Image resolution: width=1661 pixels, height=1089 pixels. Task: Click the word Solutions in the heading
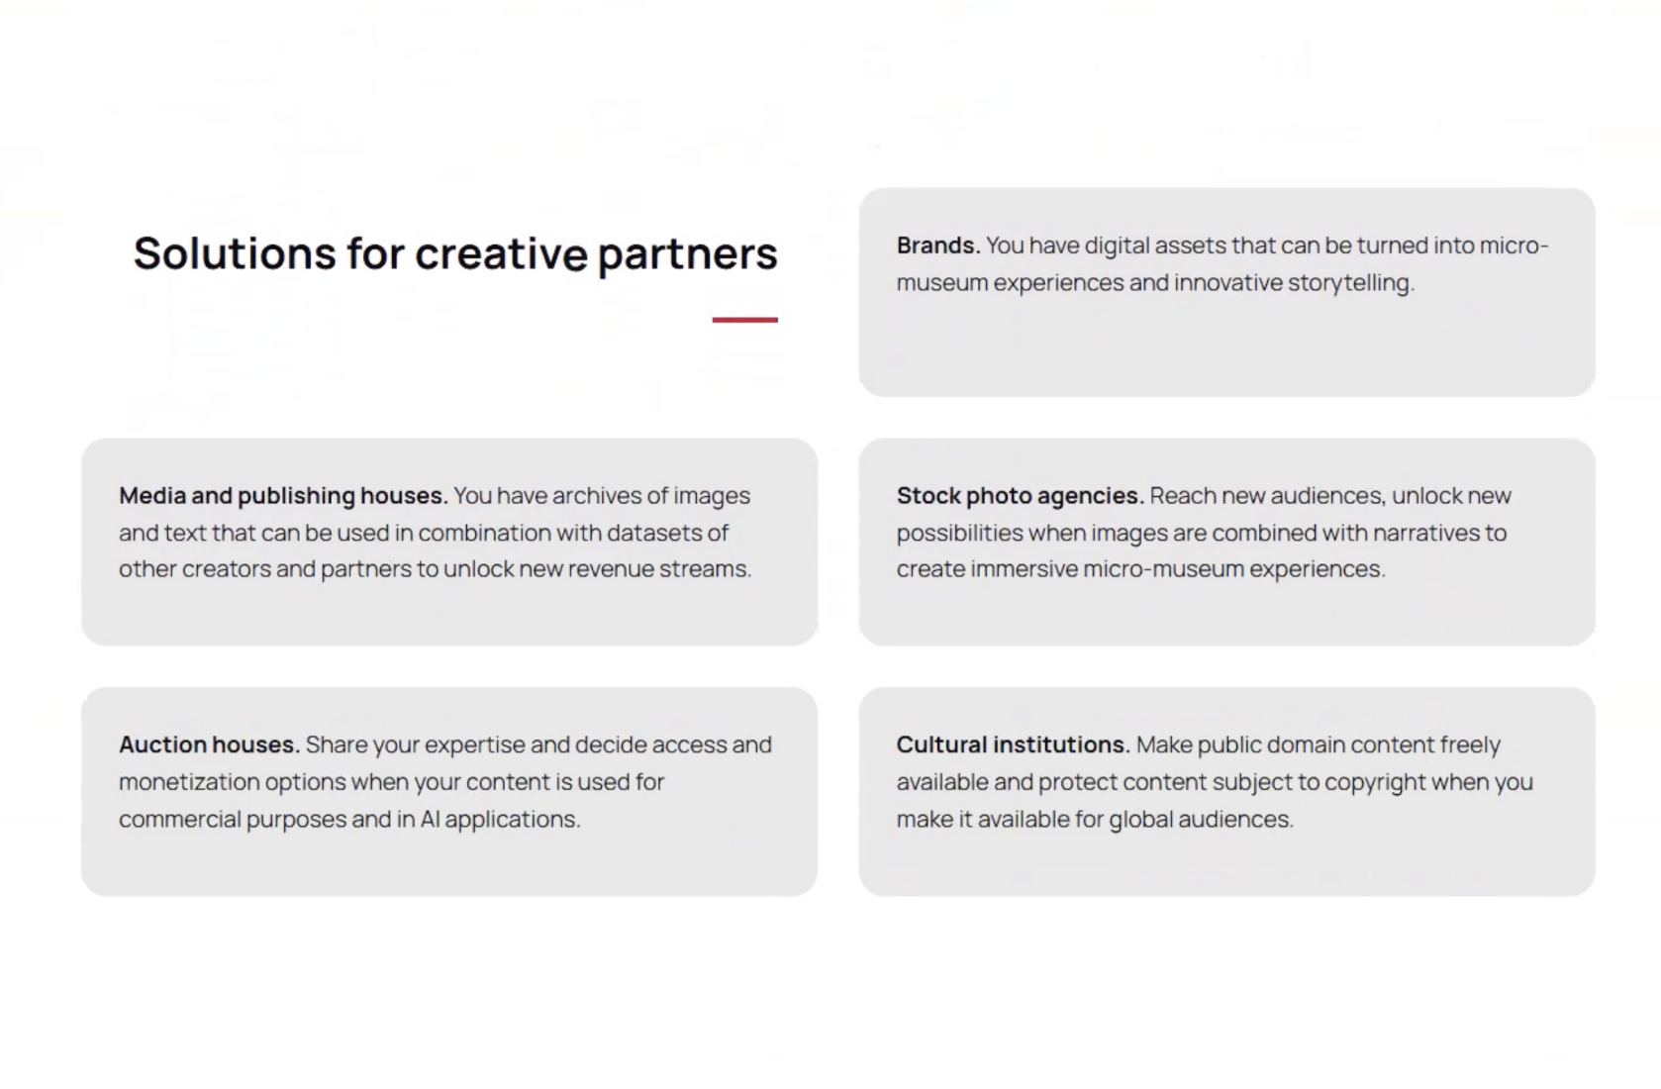[x=235, y=253]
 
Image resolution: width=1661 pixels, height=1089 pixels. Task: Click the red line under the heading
[x=745, y=320]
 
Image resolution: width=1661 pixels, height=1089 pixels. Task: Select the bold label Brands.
[x=938, y=246]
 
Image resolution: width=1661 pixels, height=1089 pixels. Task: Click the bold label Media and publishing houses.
[x=283, y=496]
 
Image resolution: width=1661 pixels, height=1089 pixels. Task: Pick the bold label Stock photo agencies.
[x=1021, y=496]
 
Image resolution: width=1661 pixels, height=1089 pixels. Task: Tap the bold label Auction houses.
[x=210, y=744]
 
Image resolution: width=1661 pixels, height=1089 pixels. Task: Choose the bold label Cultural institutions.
[x=1013, y=744]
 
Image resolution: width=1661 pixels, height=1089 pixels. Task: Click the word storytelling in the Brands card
[x=1351, y=283]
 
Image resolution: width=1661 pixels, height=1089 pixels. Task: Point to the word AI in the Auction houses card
[x=430, y=819]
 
